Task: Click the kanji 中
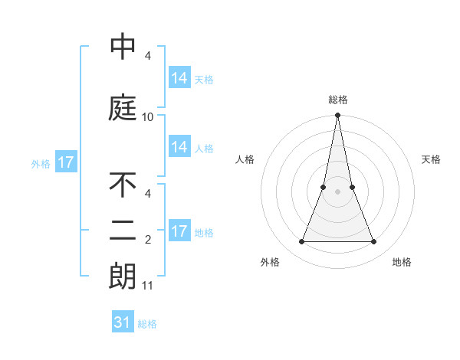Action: pyautogui.click(x=123, y=47)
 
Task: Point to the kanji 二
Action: pyautogui.click(x=123, y=231)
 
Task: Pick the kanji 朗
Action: pyautogui.click(x=123, y=277)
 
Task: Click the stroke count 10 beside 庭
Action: pyautogui.click(x=148, y=116)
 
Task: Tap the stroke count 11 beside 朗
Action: pyautogui.click(x=148, y=286)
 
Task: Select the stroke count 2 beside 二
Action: pyautogui.click(x=148, y=241)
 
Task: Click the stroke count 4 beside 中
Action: pyautogui.click(x=148, y=56)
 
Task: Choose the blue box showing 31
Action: pyautogui.click(x=123, y=322)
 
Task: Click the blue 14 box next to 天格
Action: pyautogui.click(x=179, y=78)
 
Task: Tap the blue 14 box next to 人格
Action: pyautogui.click(x=179, y=147)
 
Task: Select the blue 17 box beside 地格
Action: pyautogui.click(x=179, y=231)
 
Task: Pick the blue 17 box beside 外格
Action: pyautogui.click(x=65, y=162)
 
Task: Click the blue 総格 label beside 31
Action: pyautogui.click(x=147, y=324)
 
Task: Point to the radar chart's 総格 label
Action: pyautogui.click(x=338, y=100)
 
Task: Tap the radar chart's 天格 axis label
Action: pyautogui.click(x=432, y=159)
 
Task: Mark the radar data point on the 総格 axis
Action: pyautogui.click(x=338, y=116)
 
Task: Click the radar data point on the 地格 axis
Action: pyautogui.click(x=374, y=242)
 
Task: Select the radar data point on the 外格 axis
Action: pyautogui.click(x=301, y=242)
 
